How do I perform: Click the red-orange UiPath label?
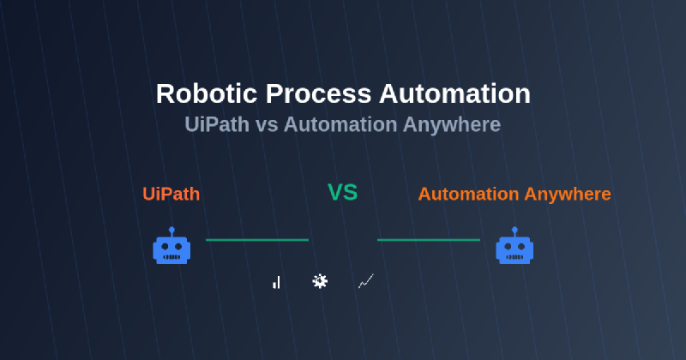tap(171, 194)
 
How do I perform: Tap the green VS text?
tap(342, 193)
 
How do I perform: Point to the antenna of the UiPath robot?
tap(171, 231)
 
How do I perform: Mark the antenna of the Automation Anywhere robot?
tap(514, 231)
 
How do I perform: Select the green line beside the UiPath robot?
tap(257, 240)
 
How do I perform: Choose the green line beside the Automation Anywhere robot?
tap(429, 240)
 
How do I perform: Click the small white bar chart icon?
tap(276, 282)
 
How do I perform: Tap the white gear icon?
tap(320, 280)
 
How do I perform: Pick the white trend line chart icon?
tap(365, 281)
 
